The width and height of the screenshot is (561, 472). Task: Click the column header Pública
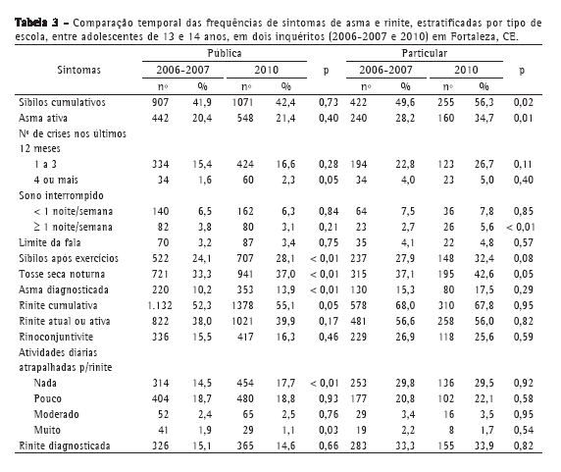(x=225, y=53)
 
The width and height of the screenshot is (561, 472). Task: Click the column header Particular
(x=425, y=53)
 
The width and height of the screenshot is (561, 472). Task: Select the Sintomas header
(x=78, y=70)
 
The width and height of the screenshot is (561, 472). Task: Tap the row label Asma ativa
(x=43, y=118)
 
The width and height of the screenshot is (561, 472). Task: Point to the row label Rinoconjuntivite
(x=56, y=337)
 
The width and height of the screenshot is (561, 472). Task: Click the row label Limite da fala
(x=50, y=242)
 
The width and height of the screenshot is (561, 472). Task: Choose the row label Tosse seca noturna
(x=62, y=274)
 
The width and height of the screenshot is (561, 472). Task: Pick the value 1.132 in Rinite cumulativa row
(x=160, y=305)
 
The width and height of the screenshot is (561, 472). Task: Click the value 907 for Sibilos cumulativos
(x=160, y=102)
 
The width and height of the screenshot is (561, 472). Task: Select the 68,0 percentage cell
(x=405, y=305)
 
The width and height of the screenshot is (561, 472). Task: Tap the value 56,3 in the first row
(x=484, y=102)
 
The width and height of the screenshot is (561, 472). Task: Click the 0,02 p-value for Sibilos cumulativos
(x=523, y=102)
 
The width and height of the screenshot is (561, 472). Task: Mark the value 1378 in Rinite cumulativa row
(x=242, y=305)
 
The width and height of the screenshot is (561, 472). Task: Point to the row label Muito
(x=47, y=430)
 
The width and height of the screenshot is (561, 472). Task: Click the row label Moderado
(x=56, y=414)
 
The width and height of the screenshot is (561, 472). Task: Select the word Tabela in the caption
(x=30, y=23)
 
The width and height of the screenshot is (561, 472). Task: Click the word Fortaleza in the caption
(x=473, y=36)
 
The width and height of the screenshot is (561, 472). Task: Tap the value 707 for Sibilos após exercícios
(x=245, y=258)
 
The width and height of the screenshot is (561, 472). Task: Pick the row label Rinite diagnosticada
(x=65, y=446)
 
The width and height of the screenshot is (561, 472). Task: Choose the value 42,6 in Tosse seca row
(x=484, y=274)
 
